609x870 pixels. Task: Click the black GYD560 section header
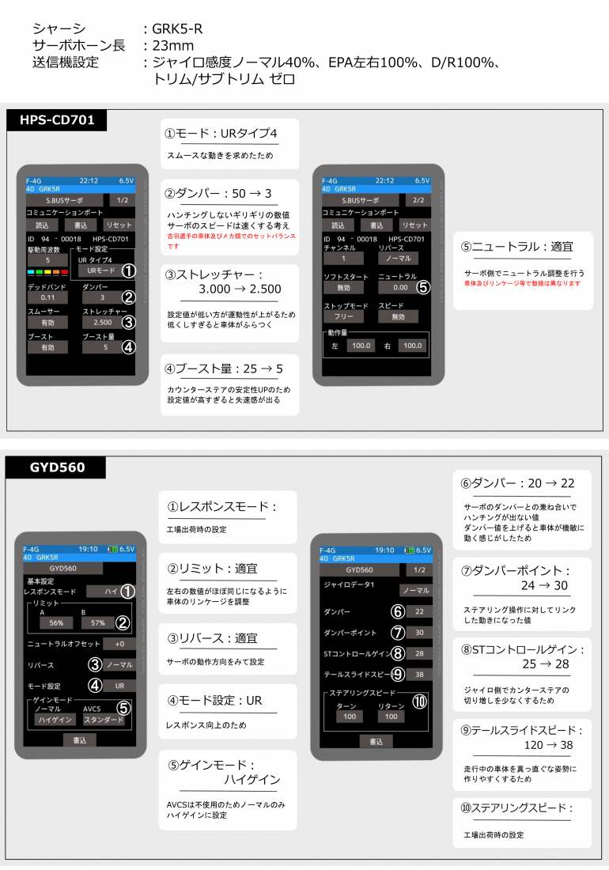[56, 467]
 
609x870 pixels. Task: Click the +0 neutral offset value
[119, 644]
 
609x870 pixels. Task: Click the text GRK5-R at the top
[178, 28]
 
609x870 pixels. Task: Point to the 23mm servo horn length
[173, 46]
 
